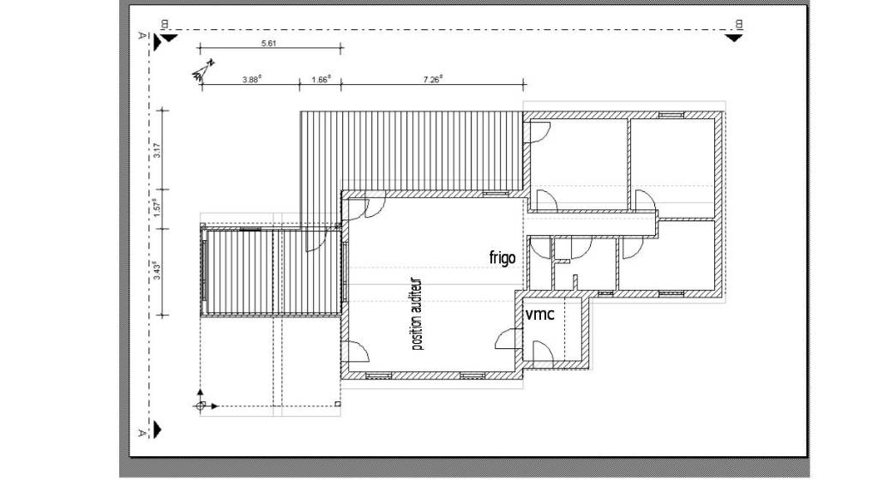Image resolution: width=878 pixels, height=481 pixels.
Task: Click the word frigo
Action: tap(502, 257)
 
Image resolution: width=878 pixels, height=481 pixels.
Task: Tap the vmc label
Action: tap(540, 314)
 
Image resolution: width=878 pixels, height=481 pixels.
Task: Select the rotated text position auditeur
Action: tap(418, 315)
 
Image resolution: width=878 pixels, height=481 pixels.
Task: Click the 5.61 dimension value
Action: tap(268, 43)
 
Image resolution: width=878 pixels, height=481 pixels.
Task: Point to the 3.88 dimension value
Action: tap(251, 80)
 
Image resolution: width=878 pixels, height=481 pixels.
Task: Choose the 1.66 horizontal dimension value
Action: tap(321, 80)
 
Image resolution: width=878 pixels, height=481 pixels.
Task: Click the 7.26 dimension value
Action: tap(433, 80)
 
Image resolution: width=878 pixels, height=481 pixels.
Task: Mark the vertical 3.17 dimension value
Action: tap(158, 150)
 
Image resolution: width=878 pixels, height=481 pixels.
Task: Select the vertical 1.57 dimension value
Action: tap(158, 208)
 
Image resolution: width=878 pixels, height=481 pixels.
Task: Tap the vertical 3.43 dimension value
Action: tap(158, 271)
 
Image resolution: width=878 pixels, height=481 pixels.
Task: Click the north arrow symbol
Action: tap(202, 70)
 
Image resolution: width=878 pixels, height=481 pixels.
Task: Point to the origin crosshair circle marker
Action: tap(201, 406)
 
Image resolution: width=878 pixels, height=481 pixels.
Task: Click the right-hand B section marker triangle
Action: tap(734, 38)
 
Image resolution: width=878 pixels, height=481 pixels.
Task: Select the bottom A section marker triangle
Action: tap(158, 430)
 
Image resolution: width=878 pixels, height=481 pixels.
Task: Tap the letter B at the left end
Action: tap(165, 24)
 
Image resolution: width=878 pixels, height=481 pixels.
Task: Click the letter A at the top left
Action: tap(142, 35)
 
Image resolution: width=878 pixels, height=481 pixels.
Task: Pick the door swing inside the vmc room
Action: tap(543, 351)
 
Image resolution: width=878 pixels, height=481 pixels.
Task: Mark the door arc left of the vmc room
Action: tap(508, 339)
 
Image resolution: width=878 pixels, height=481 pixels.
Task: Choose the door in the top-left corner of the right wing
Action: tap(538, 132)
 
